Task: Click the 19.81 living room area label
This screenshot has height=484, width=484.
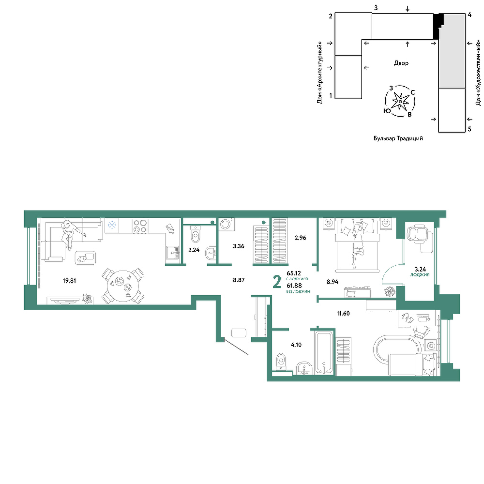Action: click(x=69, y=281)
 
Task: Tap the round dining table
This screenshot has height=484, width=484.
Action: click(x=123, y=286)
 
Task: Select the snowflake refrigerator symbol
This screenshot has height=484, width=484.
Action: click(x=112, y=225)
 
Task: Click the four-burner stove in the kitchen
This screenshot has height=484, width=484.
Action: click(x=140, y=226)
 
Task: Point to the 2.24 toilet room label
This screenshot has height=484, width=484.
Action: click(x=194, y=250)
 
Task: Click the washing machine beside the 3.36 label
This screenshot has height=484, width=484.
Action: click(x=226, y=225)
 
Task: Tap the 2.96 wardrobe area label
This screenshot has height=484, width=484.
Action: click(x=301, y=238)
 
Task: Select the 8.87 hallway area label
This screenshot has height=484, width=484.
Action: click(x=239, y=280)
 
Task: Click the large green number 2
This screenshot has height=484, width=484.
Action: click(x=277, y=283)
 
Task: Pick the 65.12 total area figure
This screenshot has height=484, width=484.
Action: click(x=294, y=273)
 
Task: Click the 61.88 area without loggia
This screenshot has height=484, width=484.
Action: click(x=294, y=286)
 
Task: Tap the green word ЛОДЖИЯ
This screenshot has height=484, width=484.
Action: click(x=420, y=275)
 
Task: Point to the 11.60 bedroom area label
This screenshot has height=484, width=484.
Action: click(x=343, y=314)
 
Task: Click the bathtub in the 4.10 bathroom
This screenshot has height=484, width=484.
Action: click(x=324, y=352)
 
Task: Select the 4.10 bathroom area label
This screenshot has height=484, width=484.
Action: click(x=296, y=345)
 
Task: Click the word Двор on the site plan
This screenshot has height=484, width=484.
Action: click(x=401, y=63)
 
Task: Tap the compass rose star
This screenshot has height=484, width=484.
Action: click(x=400, y=101)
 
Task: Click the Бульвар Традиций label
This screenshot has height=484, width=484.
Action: click(x=398, y=138)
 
